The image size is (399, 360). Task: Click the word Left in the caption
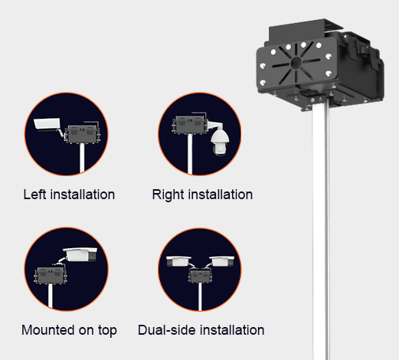pos(35,195)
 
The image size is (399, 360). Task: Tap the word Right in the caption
pos(168,195)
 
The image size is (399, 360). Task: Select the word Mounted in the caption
pos(48,330)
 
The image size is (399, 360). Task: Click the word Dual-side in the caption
pos(167,330)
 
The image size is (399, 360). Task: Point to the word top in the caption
pos(107,331)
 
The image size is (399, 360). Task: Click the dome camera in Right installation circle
pos(220,142)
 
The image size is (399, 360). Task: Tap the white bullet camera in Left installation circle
pos(47,125)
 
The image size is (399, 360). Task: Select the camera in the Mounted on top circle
pos(80,254)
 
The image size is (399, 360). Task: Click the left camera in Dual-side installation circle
pos(178,261)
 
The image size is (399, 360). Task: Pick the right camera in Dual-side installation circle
pos(221,261)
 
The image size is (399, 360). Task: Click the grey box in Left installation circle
pos(82,133)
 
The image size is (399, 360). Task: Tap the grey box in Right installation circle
pos(190,125)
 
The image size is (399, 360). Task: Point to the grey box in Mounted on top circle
pos(51,276)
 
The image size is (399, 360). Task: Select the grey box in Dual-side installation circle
pos(200,276)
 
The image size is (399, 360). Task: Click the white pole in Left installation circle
pos(82,159)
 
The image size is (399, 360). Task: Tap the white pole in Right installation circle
pos(190,155)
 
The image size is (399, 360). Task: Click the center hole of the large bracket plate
pos(296,63)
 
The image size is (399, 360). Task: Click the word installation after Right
pos(221,195)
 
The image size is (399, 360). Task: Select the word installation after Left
pos(83,195)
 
